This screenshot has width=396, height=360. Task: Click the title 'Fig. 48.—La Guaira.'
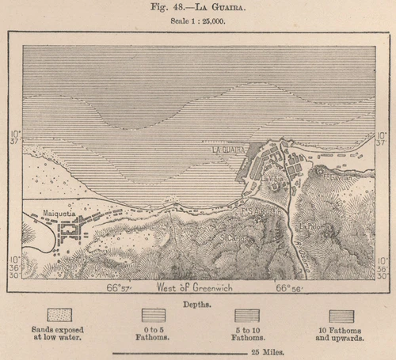[x=197, y=7]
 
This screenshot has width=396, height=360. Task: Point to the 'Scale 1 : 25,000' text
[x=197, y=21]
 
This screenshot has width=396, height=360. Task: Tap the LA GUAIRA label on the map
[x=227, y=149]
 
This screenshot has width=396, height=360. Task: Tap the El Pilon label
[x=316, y=226]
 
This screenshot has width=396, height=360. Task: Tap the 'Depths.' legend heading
[x=198, y=303]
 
